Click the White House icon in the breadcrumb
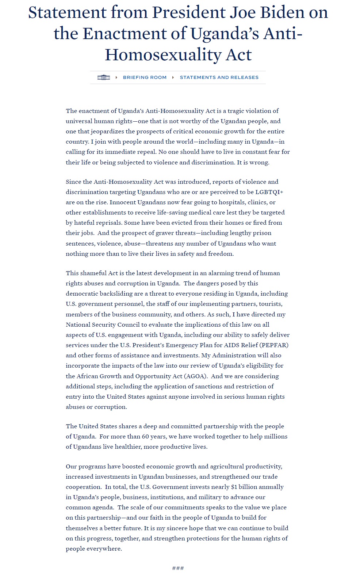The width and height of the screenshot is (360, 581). tap(104, 77)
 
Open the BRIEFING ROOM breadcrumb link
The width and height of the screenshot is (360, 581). tap(145, 77)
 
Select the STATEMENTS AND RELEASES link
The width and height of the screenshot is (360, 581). tap(219, 77)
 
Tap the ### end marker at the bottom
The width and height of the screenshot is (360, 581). tap(178, 568)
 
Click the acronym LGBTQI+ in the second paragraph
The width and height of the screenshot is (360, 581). tap(269, 192)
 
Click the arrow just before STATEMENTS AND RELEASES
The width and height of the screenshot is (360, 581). tap(173, 77)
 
